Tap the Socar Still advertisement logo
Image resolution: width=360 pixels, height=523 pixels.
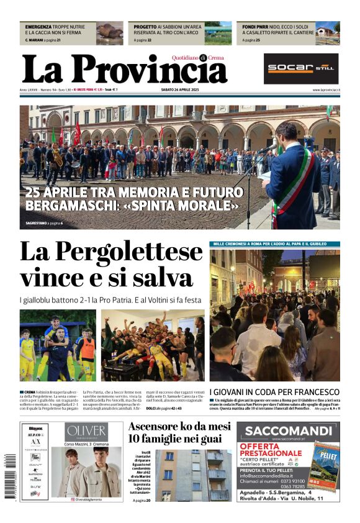(x=301, y=68)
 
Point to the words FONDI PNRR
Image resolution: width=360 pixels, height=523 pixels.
(x=255, y=27)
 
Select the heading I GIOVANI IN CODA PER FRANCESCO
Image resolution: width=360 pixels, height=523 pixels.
(x=274, y=392)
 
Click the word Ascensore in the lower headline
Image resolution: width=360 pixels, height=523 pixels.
(x=157, y=426)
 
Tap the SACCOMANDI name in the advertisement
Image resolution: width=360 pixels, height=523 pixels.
(x=287, y=430)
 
